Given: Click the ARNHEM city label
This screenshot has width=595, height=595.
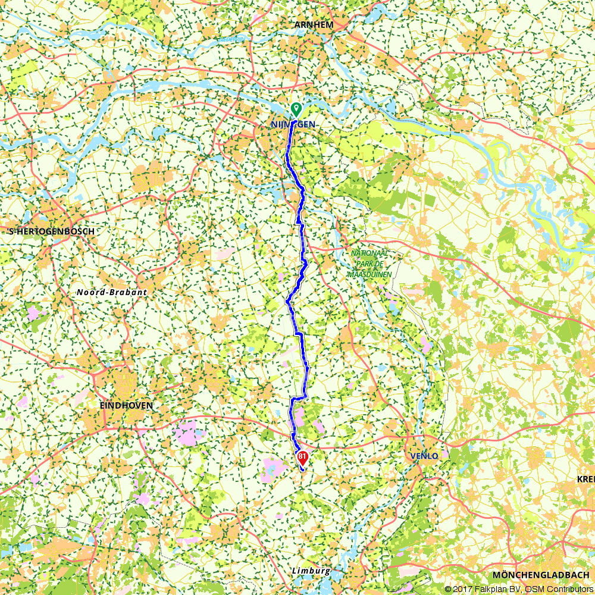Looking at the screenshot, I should tap(314, 24).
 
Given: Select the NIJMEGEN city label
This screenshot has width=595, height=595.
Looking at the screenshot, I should tap(292, 124).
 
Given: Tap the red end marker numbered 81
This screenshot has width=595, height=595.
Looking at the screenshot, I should tap(302, 458).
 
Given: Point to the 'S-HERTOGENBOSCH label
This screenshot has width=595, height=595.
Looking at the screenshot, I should tap(49, 231).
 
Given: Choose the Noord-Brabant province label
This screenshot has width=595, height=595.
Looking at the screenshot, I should tap(111, 292).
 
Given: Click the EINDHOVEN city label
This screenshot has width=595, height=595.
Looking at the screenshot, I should tap(126, 405).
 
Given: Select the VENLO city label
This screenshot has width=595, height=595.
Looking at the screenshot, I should tap(424, 456).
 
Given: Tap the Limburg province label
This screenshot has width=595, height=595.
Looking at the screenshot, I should tap(311, 571).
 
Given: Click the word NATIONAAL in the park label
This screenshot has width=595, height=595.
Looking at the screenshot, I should tap(369, 253).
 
